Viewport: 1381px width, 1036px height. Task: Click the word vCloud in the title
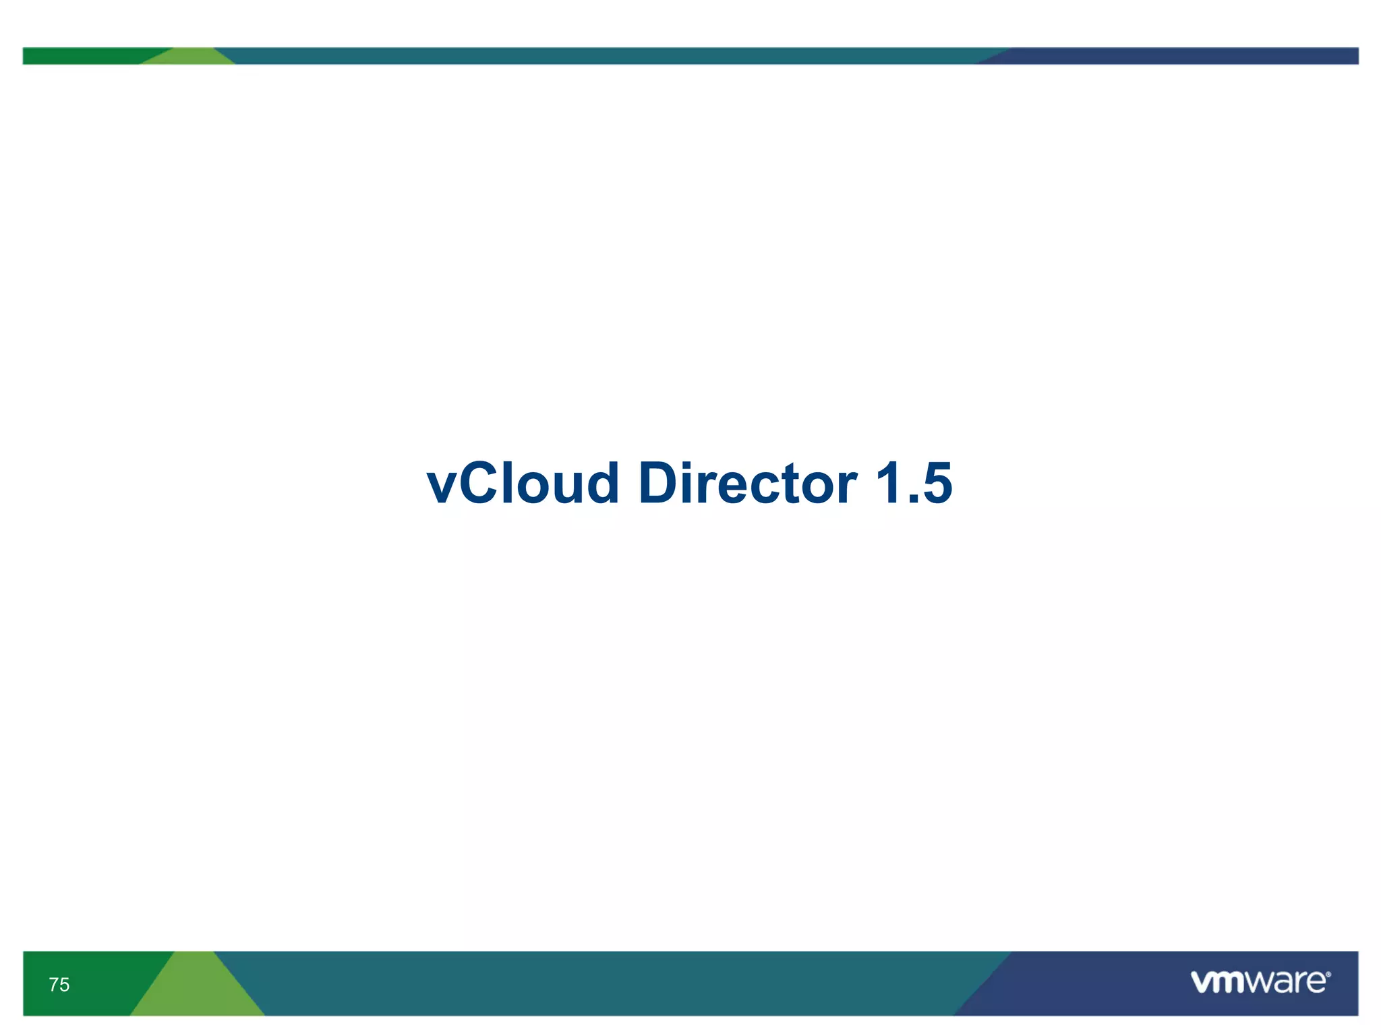point(523,484)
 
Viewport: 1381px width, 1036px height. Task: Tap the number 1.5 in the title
point(913,484)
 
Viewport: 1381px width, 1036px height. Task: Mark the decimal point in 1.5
point(911,500)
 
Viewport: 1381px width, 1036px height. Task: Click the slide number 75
point(59,985)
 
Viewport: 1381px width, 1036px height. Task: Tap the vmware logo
point(1260,982)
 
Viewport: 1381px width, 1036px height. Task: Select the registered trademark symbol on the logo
point(1328,975)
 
